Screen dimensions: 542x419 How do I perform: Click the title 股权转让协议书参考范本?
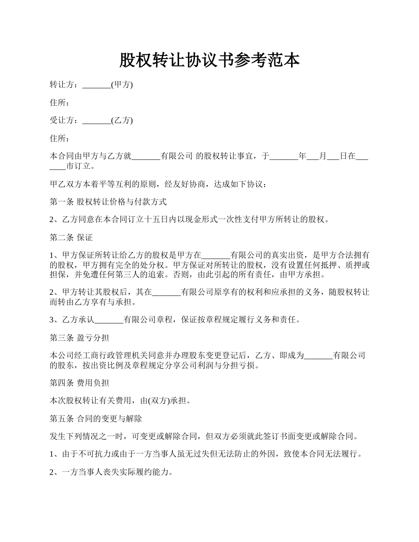(209, 61)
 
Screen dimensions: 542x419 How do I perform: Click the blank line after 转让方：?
(97, 85)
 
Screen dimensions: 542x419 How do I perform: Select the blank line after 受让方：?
(97, 120)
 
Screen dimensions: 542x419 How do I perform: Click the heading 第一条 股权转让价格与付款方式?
(108, 202)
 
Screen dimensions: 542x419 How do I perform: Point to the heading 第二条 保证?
(71, 237)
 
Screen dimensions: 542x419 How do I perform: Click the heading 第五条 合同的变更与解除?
(95, 419)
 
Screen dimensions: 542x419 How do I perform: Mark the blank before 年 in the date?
(284, 156)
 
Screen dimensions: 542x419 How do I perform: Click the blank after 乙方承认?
(109, 320)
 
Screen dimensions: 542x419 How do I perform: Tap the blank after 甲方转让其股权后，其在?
(166, 293)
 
